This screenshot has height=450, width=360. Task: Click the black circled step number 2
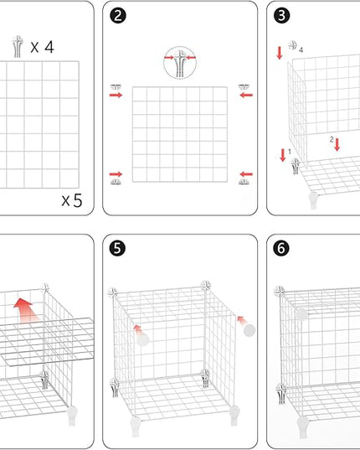[x=118, y=15]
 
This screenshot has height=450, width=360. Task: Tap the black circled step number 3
[x=282, y=15]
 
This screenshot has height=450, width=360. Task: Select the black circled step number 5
[x=117, y=248]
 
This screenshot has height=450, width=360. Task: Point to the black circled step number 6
[x=281, y=248]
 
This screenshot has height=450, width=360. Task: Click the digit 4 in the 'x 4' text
[x=49, y=47]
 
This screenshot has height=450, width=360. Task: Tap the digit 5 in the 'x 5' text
[x=77, y=200]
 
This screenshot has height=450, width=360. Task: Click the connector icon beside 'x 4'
[x=18, y=46]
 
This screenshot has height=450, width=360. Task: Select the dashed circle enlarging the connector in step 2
[x=180, y=63]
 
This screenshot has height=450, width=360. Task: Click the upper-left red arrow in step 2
[x=116, y=95]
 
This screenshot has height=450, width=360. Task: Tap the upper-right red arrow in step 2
[x=246, y=95]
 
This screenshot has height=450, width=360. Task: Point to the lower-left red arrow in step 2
[x=116, y=174]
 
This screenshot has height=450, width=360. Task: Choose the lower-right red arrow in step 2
[x=246, y=174]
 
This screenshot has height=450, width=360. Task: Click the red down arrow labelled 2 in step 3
[x=337, y=145]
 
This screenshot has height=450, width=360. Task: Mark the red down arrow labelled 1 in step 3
[x=283, y=155]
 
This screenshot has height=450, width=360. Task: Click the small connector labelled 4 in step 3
[x=293, y=45]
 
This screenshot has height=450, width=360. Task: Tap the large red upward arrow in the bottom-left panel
[x=25, y=310]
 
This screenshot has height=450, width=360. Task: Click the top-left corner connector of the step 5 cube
[x=113, y=292]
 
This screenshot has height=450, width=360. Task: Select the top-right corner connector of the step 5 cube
[x=206, y=286]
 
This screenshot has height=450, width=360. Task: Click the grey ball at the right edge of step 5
[x=249, y=330]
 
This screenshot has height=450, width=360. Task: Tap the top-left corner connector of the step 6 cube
[x=279, y=292]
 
